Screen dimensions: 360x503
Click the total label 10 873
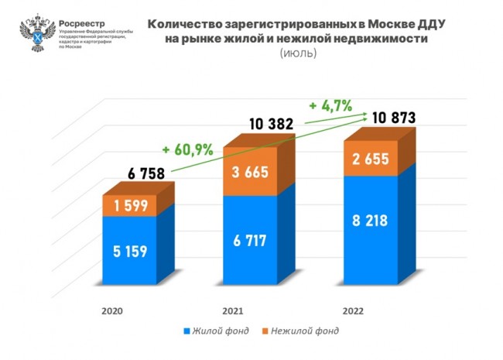pyautogui.click(x=393, y=118)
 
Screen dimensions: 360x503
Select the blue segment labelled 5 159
pyautogui.click(x=129, y=250)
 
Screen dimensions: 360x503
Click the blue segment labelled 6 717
pyautogui.click(x=251, y=240)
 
